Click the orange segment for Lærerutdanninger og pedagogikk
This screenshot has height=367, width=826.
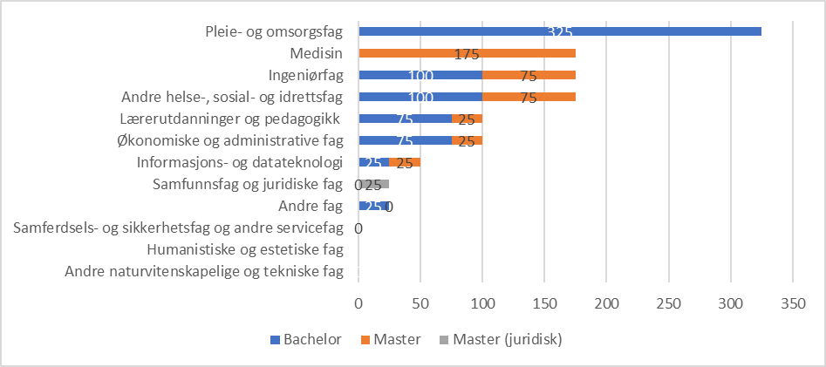click(467, 119)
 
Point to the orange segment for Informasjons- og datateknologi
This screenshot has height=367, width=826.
click(405, 162)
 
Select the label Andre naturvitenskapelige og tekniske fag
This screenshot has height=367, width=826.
click(204, 272)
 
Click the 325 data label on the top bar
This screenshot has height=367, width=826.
click(559, 32)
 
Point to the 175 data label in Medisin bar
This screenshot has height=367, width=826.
click(467, 54)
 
